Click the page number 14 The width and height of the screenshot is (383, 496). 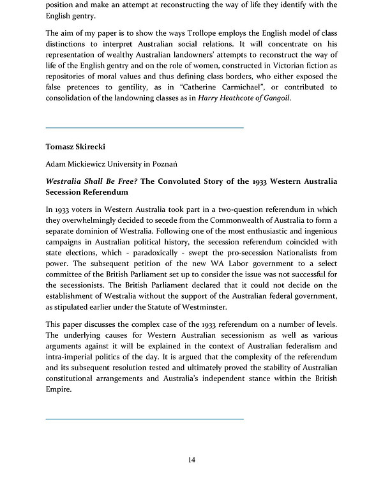coord(191,460)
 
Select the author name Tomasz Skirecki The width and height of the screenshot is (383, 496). coord(75,147)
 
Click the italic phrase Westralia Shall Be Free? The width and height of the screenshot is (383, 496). coord(91,181)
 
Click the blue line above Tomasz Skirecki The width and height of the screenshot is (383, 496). coord(145,128)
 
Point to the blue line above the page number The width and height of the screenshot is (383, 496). coord(145,419)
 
